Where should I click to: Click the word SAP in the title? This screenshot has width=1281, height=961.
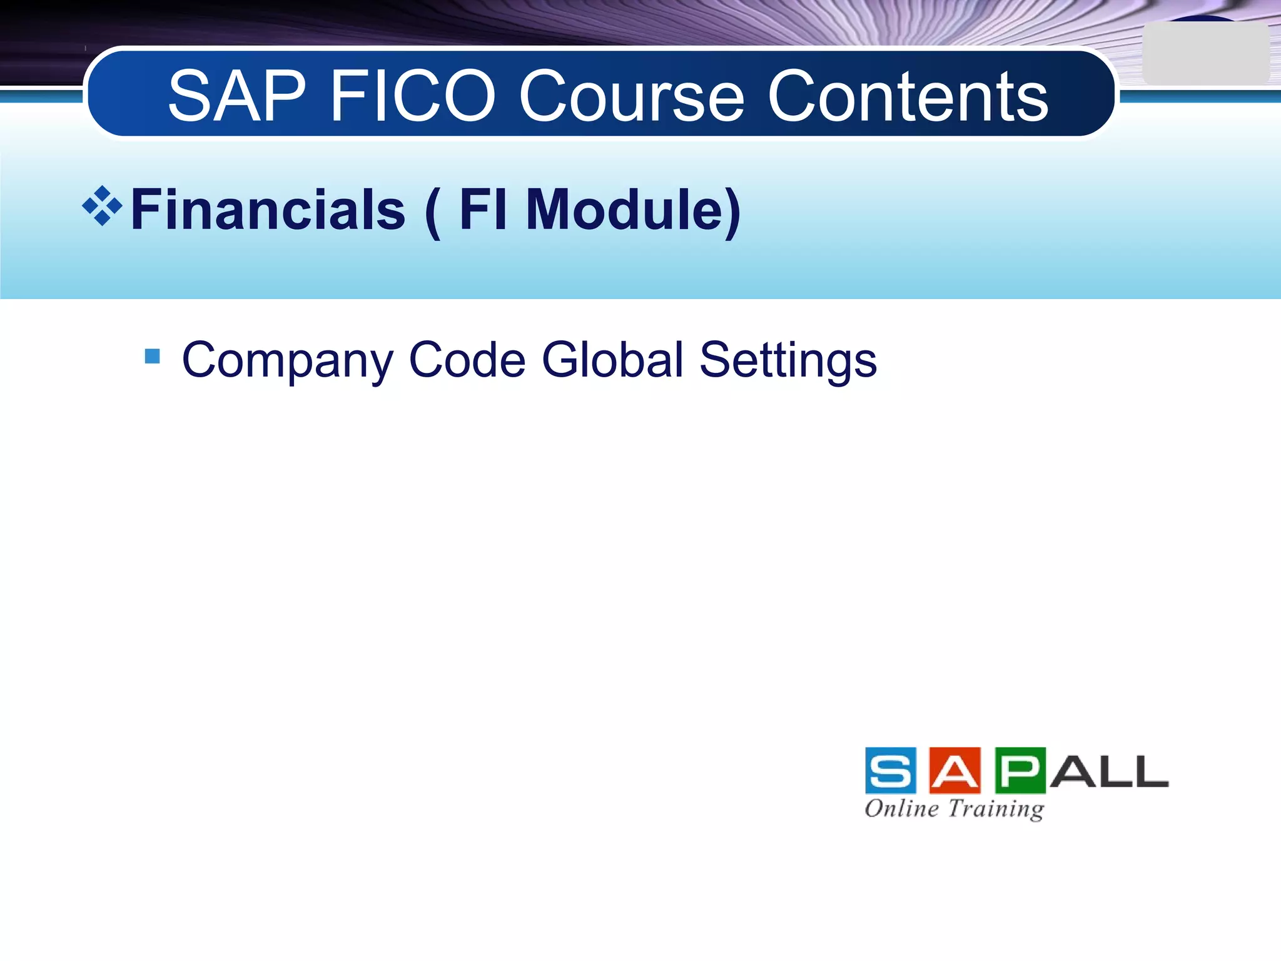[236, 96]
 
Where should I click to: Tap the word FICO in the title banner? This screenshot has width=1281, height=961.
[413, 96]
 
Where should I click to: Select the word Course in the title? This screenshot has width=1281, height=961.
[632, 96]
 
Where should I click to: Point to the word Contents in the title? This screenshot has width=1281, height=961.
[907, 96]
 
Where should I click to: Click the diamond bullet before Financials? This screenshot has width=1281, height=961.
[102, 206]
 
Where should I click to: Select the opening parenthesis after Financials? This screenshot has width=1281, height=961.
[432, 213]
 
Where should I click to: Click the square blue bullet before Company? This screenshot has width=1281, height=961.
[152, 357]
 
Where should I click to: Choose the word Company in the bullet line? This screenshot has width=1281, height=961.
[287, 361]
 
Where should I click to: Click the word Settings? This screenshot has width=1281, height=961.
[787, 361]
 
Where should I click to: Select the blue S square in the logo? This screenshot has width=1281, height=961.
[891, 770]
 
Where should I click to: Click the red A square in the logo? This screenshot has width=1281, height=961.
[954, 770]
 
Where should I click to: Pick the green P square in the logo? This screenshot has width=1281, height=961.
[1020, 770]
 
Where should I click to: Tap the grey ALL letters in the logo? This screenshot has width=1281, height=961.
[1108, 771]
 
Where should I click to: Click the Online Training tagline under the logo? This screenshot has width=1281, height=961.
[954, 809]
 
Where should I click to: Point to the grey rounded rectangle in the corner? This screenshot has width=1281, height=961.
[1205, 54]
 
